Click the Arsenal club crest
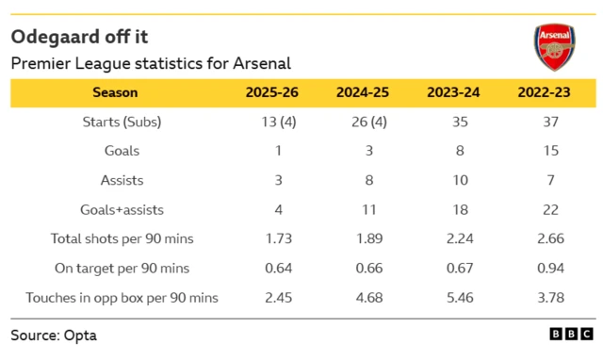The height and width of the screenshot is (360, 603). [x=553, y=46]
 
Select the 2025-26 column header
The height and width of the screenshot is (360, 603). [x=274, y=92]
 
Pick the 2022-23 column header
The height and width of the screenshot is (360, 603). [x=545, y=92]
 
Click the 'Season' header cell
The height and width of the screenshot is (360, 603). [x=115, y=92]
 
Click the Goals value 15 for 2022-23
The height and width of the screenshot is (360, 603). [x=545, y=151]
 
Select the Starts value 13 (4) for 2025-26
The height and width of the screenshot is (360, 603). [x=274, y=122]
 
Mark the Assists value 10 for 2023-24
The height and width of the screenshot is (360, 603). [x=454, y=180]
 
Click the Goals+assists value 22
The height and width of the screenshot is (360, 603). [x=545, y=209]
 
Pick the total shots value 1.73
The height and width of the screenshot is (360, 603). [x=274, y=238]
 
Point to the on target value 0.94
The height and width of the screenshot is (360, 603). [x=545, y=269]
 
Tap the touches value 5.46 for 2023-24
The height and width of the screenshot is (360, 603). [x=454, y=298]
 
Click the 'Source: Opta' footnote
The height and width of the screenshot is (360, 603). [x=54, y=335]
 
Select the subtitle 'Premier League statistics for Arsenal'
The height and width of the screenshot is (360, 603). [x=151, y=63]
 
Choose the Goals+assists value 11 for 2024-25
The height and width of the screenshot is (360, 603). [x=364, y=209]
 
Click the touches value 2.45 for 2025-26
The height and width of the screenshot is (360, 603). [x=274, y=298]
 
